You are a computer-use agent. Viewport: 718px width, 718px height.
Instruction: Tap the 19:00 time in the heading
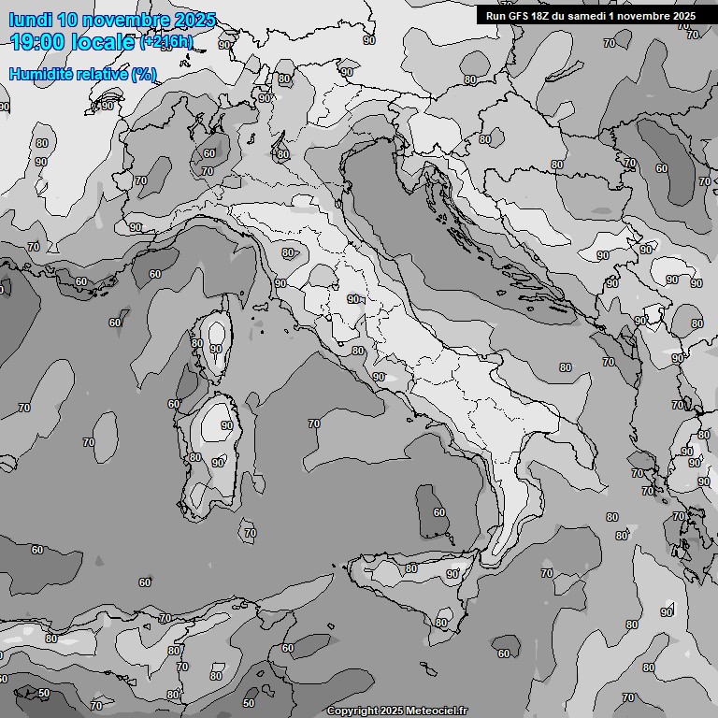coord(40,41)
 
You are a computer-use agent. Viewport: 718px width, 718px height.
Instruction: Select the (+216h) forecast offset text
coord(166,41)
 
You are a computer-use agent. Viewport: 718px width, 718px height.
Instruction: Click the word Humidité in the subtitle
coord(39,74)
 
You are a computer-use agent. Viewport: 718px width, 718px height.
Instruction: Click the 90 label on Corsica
coord(216,349)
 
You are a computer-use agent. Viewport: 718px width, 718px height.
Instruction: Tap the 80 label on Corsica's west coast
coord(196,343)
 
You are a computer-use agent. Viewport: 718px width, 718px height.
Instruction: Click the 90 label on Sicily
coord(452,574)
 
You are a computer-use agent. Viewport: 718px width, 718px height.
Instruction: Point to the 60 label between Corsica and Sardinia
coord(173,404)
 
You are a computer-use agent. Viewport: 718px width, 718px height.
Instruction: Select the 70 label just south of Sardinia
coord(250,533)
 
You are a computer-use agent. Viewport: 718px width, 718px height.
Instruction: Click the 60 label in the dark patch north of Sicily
coord(438,512)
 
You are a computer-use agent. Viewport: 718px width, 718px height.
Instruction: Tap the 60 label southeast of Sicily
coord(504,653)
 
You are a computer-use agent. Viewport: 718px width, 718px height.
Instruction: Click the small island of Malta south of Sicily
coord(426,670)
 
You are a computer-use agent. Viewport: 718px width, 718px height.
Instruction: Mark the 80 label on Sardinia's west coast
coord(194,457)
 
